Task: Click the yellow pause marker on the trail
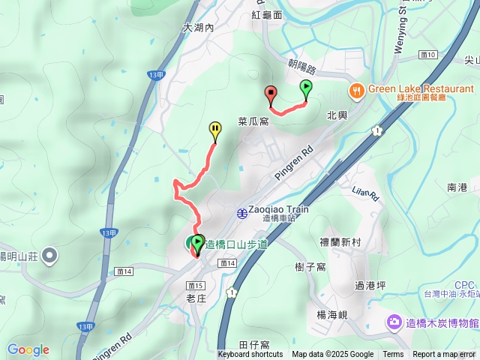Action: click(215, 130)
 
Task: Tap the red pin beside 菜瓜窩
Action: click(271, 94)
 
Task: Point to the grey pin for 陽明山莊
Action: click(49, 256)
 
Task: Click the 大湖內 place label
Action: click(198, 27)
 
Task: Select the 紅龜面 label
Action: click(267, 14)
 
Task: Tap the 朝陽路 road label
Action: click(302, 67)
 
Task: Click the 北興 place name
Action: click(337, 115)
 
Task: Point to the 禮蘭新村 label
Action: click(340, 242)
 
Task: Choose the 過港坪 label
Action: click(370, 286)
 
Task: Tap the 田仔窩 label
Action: click(255, 344)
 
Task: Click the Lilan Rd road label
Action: click(366, 193)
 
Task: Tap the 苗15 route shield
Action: click(196, 286)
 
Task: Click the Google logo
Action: click(28, 349)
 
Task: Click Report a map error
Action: click(444, 355)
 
